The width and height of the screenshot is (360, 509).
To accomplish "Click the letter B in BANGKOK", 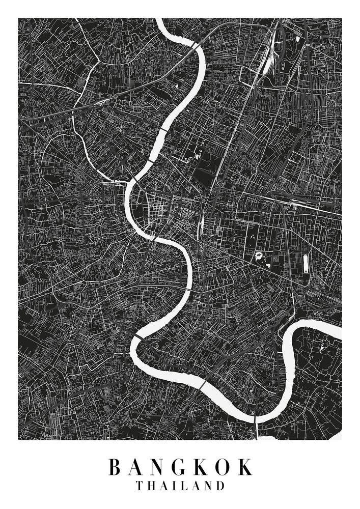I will [116, 467].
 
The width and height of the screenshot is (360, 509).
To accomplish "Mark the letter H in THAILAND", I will [152, 486].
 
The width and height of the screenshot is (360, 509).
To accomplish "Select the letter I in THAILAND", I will [173, 486].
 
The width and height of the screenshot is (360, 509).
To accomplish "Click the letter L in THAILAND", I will [182, 486].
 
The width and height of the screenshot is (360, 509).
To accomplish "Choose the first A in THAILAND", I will [163, 486].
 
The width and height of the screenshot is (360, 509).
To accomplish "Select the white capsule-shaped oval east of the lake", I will [306, 263].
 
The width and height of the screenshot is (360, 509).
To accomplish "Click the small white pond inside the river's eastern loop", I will [322, 347].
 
